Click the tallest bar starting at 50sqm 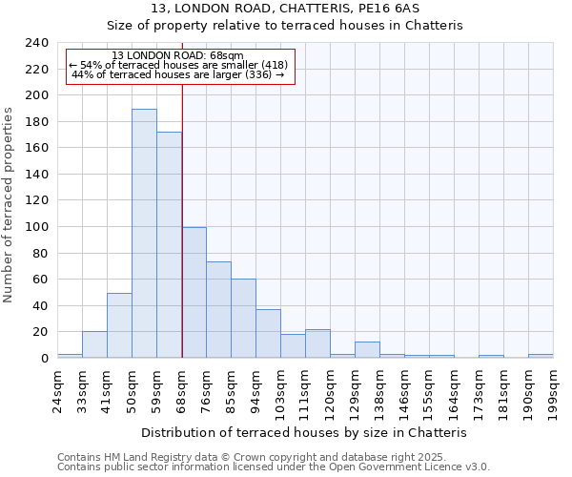144,234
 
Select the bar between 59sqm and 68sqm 169,245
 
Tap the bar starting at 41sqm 119,325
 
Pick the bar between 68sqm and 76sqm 194,293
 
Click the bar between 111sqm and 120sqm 317,343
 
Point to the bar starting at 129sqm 367,350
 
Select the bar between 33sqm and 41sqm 94,344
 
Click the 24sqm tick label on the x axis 58,388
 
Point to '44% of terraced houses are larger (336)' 177,74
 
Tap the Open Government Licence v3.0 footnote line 273,467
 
